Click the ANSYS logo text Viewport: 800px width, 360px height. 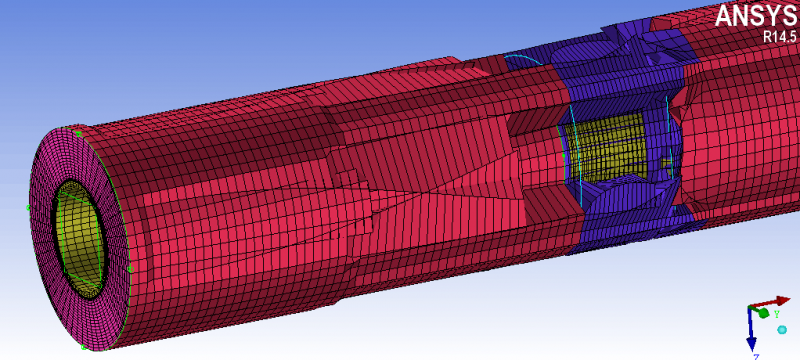(x=757, y=15)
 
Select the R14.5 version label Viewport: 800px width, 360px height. (x=779, y=36)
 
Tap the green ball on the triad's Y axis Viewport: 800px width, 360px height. (x=763, y=313)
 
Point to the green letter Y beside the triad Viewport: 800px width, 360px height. (x=776, y=314)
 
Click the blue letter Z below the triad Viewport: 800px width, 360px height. (x=757, y=356)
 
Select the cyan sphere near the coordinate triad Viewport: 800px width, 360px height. (x=782, y=330)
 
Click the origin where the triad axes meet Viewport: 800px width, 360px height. (x=749, y=308)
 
